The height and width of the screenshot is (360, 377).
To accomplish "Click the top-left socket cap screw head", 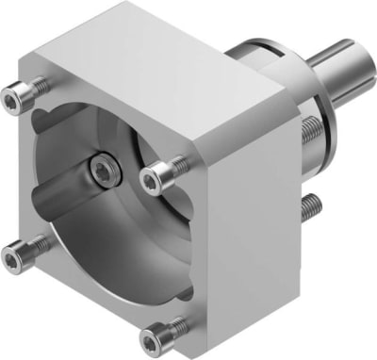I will tap(17, 92).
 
